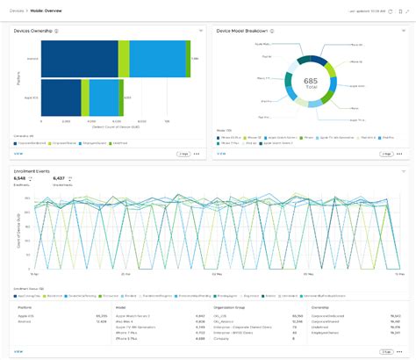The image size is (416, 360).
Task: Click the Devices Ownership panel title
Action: tap(32, 31)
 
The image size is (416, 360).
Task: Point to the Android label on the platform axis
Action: tap(33, 58)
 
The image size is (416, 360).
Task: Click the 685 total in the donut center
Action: tap(311, 82)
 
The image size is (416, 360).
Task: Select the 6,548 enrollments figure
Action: tap(20, 178)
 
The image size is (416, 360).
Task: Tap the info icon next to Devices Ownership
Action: tap(56, 31)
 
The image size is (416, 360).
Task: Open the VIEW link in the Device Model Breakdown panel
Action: tap(221, 153)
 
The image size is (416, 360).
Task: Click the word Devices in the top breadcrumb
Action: tap(17, 11)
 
